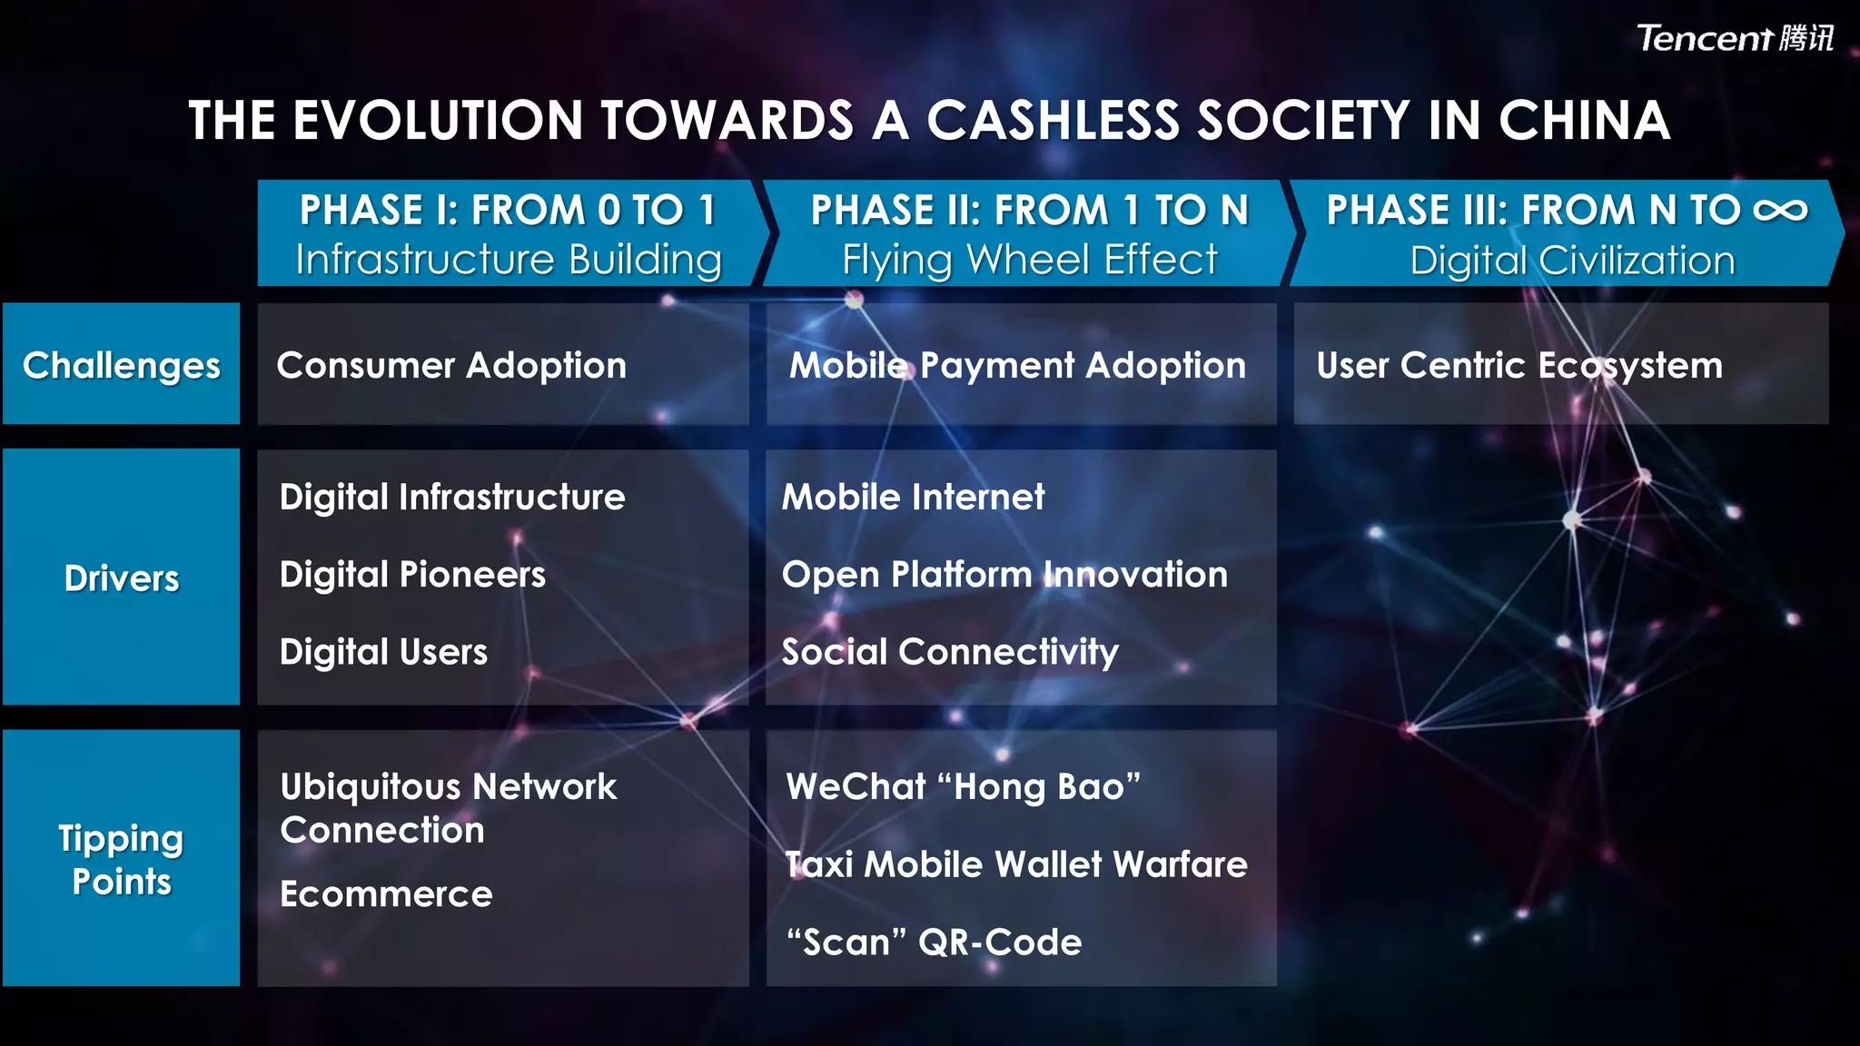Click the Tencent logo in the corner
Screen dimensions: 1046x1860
click(x=1734, y=38)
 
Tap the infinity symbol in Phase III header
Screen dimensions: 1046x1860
click(x=1780, y=211)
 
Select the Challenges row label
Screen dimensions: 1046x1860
click(x=121, y=365)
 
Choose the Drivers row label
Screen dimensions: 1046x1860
click(x=121, y=578)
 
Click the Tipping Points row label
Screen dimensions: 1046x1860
click(x=121, y=859)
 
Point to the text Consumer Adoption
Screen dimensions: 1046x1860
click(x=451, y=365)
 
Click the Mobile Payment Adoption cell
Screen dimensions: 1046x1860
click(x=1017, y=365)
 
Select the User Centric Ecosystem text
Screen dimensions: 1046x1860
click(x=1519, y=365)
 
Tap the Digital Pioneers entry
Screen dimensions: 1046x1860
click(x=412, y=575)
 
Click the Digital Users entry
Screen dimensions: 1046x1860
click(x=383, y=652)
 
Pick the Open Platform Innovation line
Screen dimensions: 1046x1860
click(x=1004, y=575)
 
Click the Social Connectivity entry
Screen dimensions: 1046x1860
click(x=950, y=652)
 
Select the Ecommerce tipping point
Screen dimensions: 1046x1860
click(x=386, y=894)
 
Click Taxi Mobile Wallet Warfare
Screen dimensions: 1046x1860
click(x=1016, y=864)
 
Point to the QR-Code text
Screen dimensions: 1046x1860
click(x=1000, y=942)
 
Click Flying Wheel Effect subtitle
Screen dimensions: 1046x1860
click(x=1029, y=260)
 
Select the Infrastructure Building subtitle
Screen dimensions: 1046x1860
click(x=509, y=260)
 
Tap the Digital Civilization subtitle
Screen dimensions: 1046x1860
click(x=1572, y=261)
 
